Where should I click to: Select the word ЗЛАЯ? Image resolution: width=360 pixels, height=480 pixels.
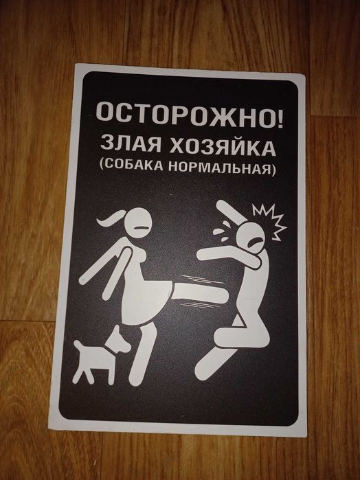coord(131,143)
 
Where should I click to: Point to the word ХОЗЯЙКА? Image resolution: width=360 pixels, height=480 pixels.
coord(223,147)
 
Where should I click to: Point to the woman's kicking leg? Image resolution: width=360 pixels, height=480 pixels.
coord(199,293)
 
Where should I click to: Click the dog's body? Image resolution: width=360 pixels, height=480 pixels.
coord(92,359)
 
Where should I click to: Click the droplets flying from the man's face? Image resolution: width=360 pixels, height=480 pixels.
coord(222,231)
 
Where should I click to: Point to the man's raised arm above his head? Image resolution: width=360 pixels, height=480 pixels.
coord(231,212)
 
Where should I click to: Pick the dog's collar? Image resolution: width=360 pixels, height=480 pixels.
coord(111,350)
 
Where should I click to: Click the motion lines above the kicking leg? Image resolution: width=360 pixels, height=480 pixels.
coord(199,279)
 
